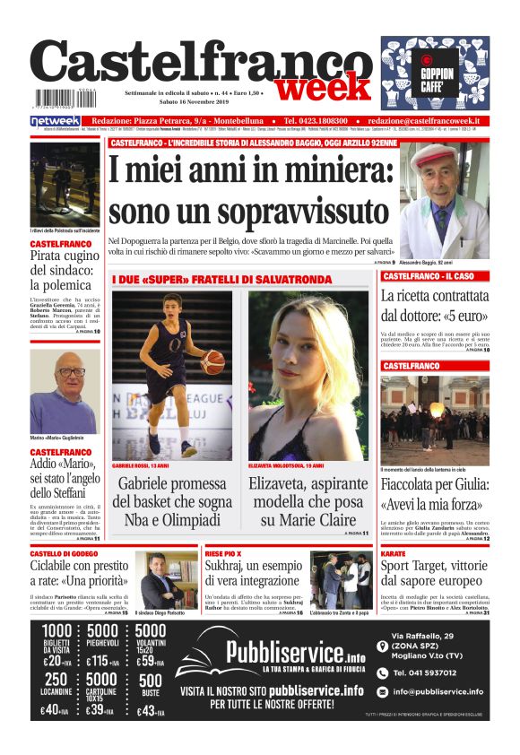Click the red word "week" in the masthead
click(x=322, y=88)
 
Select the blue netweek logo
click(x=56, y=121)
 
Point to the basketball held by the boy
click(x=212, y=361)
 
